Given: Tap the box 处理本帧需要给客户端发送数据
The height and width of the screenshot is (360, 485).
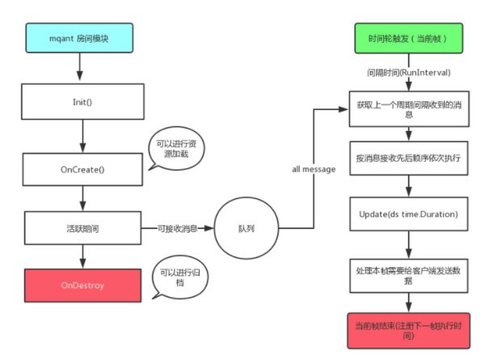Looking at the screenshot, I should (x=408, y=273).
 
